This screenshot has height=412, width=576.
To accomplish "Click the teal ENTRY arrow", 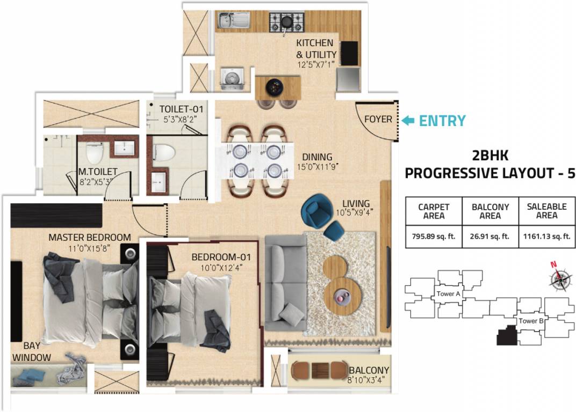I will click(x=408, y=121).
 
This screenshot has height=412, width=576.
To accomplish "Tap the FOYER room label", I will click(x=378, y=119).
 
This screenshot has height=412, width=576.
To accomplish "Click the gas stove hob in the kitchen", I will click(x=286, y=22).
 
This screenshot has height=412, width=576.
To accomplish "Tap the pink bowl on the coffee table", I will click(x=341, y=295).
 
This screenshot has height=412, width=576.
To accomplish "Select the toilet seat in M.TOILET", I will click(x=95, y=152).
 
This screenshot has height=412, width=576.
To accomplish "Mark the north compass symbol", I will click(x=560, y=278).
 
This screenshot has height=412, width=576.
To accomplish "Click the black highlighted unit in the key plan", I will click(x=506, y=337).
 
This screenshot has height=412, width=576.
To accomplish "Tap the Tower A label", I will click(x=449, y=294).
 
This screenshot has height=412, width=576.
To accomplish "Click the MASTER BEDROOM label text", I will click(x=90, y=237).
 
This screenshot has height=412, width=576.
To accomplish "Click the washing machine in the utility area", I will click(x=232, y=78).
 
